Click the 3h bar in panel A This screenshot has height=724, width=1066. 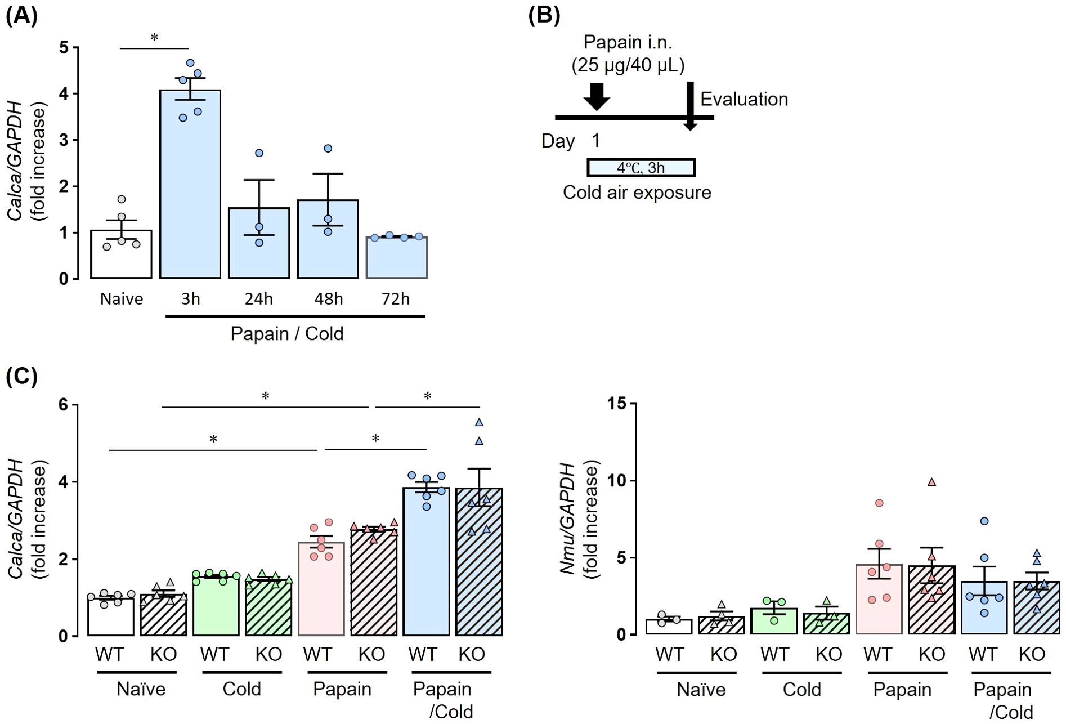pos(190,186)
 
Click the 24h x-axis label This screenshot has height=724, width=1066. pos(258,298)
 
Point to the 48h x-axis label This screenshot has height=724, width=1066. pos(328,298)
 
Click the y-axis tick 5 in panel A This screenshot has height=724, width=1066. pos(64,48)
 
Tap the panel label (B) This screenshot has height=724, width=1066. pos(544,15)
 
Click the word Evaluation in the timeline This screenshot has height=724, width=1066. pos(743,99)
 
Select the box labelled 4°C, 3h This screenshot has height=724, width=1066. pos(641,168)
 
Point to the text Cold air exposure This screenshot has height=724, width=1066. pos(637,193)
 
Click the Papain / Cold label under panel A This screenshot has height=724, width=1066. pos(286,333)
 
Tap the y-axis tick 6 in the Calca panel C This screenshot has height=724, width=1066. pos(63,404)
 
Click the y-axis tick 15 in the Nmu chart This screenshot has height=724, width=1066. pos(616,403)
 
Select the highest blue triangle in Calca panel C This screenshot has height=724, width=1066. pos(479,422)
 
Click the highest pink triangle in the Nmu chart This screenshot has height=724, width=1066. pos(931,482)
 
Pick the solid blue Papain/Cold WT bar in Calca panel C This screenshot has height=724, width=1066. pos(426,563)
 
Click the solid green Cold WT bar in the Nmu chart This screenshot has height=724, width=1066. pos(774,622)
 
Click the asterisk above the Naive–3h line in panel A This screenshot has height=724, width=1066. pos(154,38)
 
